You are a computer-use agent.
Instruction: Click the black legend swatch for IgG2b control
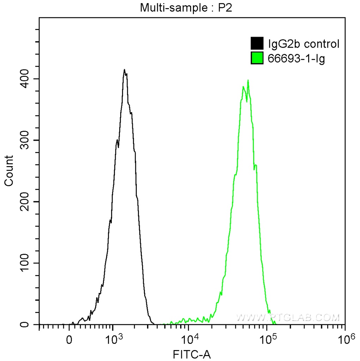(257, 44)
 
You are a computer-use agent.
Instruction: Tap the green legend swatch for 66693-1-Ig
(257, 58)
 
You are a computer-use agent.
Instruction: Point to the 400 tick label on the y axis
(27, 79)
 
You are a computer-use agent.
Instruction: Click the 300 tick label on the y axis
(27, 140)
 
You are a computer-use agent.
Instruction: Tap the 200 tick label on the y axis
(27, 202)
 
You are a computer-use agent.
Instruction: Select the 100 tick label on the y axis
(27, 263)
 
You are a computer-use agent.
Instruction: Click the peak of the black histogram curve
(124, 69)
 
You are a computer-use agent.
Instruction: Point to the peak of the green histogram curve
(248, 80)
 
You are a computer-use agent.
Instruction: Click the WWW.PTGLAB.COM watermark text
(287, 317)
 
